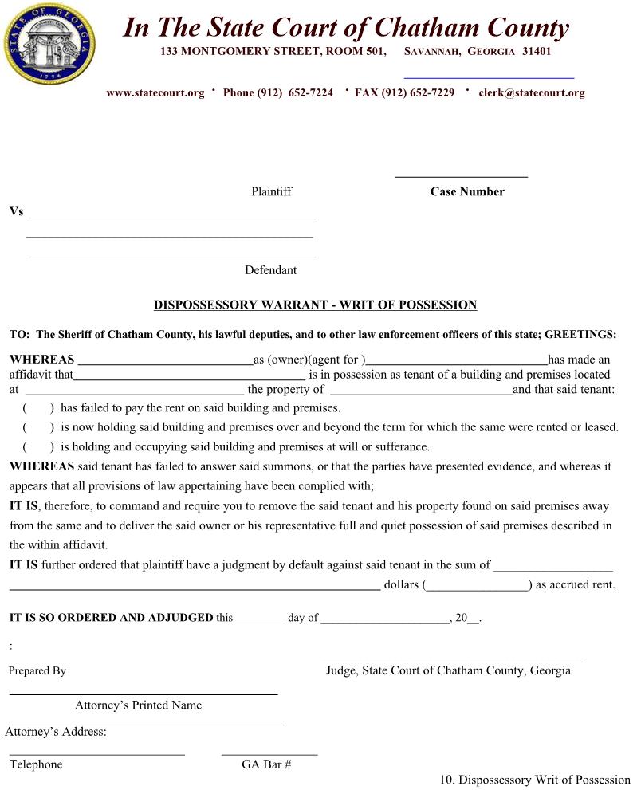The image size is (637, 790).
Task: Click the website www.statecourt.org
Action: pyautogui.click(x=155, y=92)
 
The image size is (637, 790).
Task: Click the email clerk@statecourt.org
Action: pyautogui.click(x=531, y=92)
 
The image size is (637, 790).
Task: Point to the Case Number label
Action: pyautogui.click(x=467, y=191)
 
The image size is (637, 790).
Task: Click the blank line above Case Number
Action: pyautogui.click(x=462, y=175)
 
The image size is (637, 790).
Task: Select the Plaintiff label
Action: pyautogui.click(x=271, y=191)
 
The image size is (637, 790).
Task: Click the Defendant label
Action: pyautogui.click(x=270, y=270)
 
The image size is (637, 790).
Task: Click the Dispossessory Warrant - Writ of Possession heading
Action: pyautogui.click(x=315, y=305)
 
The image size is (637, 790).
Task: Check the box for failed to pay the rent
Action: pyautogui.click(x=38, y=407)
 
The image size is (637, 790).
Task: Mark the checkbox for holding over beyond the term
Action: pyautogui.click(x=38, y=427)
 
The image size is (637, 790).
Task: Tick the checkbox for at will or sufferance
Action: pyautogui.click(x=38, y=447)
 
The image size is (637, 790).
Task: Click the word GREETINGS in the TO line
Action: pyautogui.click(x=580, y=335)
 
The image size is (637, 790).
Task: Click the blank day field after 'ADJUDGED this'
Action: pyautogui.click(x=260, y=618)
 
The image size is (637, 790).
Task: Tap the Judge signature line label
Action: pyautogui.click(x=448, y=670)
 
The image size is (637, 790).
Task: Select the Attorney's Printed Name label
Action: pyautogui.click(x=138, y=705)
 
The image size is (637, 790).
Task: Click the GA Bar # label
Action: pyautogui.click(x=266, y=764)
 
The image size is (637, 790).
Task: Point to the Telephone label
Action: pyautogui.click(x=36, y=764)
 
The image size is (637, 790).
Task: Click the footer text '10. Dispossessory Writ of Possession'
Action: pyautogui.click(x=535, y=780)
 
